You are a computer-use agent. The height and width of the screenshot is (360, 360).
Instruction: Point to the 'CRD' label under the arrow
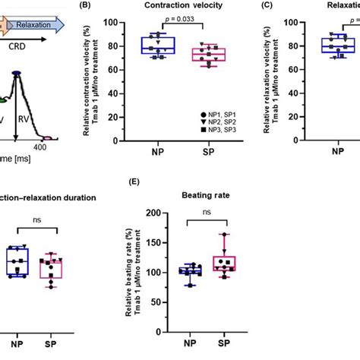24,45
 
